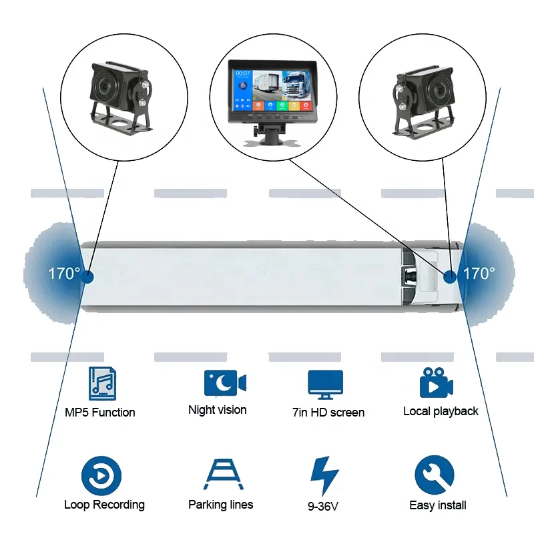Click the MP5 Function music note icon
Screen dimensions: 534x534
click(x=102, y=383)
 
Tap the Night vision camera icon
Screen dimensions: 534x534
click(x=225, y=382)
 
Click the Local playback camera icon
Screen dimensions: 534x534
click(x=437, y=382)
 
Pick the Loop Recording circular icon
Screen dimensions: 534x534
click(x=101, y=475)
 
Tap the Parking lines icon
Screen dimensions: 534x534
click(x=220, y=475)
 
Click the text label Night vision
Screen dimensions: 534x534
click(x=218, y=410)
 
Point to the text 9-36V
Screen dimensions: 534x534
click(x=323, y=506)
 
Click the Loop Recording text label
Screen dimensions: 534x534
click(x=104, y=505)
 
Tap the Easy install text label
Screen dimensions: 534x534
click(x=438, y=505)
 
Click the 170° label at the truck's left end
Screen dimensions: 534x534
click(x=64, y=274)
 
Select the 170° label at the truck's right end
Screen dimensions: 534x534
click(x=479, y=273)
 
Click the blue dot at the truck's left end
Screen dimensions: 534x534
click(x=87, y=276)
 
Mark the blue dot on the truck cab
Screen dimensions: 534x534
click(x=451, y=276)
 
